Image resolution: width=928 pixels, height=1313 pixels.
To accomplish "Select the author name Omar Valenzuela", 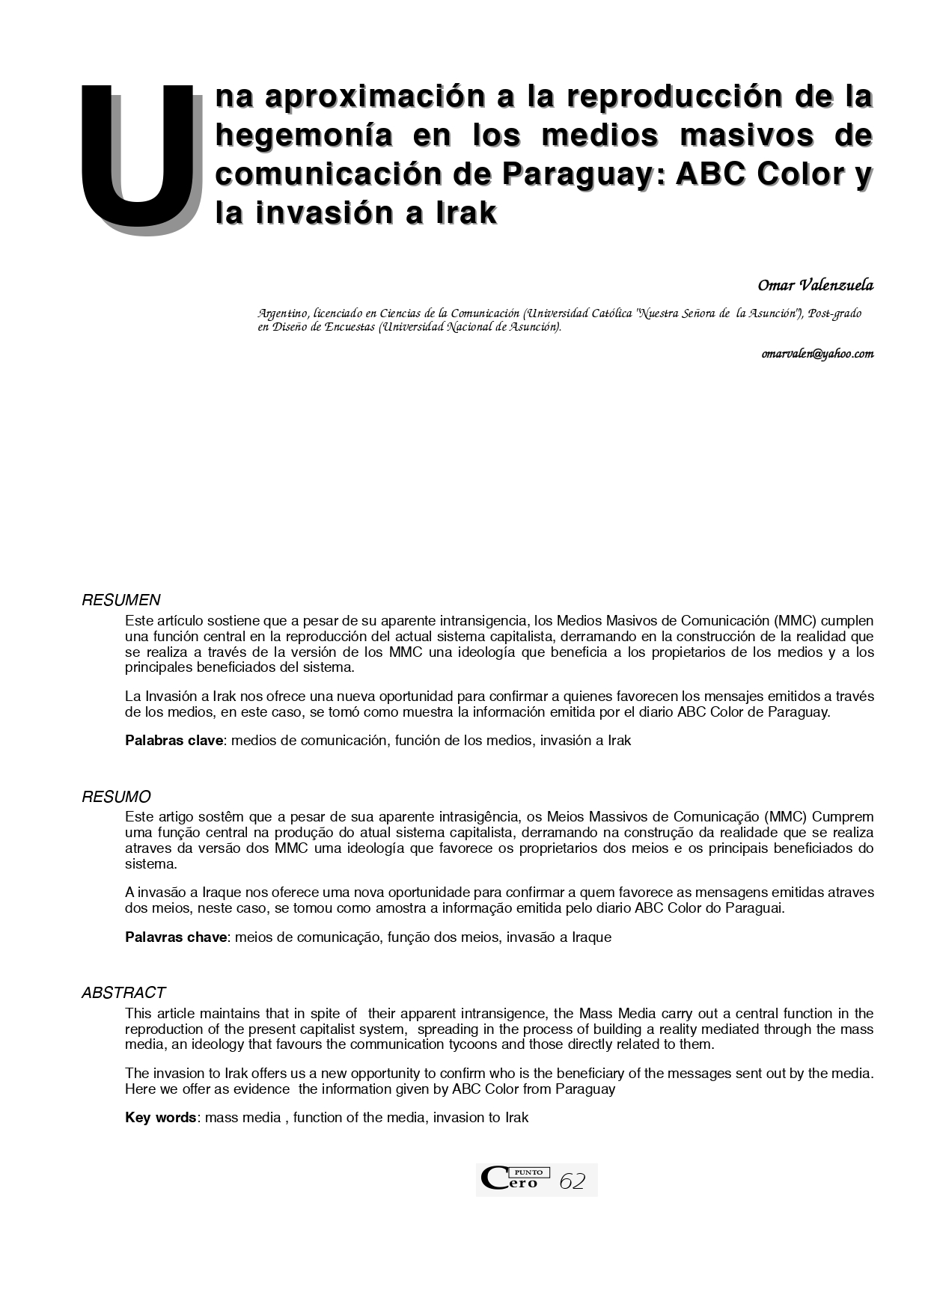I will pyautogui.click(x=815, y=285).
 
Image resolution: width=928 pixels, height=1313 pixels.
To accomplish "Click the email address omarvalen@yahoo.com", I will pyautogui.click(x=817, y=354).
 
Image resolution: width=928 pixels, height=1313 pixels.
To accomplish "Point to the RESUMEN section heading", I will pyautogui.click(x=120, y=600).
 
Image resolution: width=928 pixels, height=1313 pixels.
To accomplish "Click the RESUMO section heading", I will pyautogui.click(x=116, y=797).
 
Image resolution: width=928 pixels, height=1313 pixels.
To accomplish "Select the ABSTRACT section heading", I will pyautogui.click(x=123, y=993).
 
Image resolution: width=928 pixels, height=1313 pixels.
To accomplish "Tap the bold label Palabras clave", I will pyautogui.click(x=174, y=741).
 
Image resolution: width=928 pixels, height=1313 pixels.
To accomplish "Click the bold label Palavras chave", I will pyautogui.click(x=176, y=937).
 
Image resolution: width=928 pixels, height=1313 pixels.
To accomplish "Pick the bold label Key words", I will pyautogui.click(x=160, y=1118).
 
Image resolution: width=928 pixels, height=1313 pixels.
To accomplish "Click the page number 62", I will pyautogui.click(x=572, y=1181).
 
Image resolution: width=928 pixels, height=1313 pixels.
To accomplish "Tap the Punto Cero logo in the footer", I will pyautogui.click(x=515, y=1179).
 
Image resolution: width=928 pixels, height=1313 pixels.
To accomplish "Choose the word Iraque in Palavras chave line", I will pyautogui.click(x=591, y=937).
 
